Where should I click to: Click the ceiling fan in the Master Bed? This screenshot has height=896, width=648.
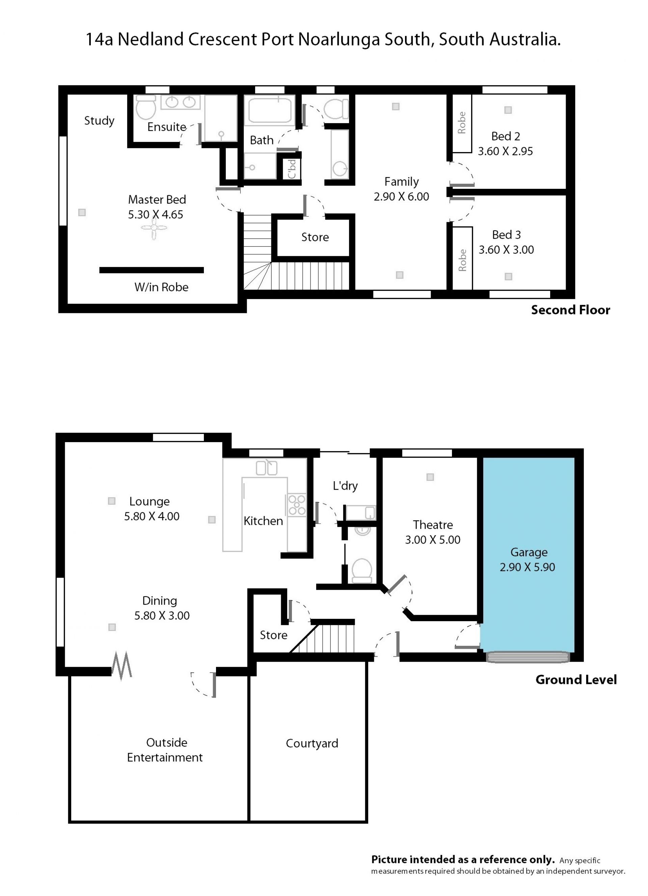154,228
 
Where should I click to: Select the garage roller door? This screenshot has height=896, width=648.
528,657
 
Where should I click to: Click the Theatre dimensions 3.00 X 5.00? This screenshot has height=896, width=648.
433,540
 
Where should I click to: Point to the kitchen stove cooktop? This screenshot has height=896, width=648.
297,504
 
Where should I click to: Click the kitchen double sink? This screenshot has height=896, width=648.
267,468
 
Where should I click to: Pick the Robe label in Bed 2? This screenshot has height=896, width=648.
461,122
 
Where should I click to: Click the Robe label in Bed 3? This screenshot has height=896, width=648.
462,260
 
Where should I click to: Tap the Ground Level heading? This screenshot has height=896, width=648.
576,680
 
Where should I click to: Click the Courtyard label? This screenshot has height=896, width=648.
312,744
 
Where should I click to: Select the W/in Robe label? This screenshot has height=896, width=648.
161,287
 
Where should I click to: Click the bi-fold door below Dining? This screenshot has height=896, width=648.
122,666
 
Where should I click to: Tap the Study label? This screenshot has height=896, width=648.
99,121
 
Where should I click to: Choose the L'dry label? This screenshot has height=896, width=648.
345,486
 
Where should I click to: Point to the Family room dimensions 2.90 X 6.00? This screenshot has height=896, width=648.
401,197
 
